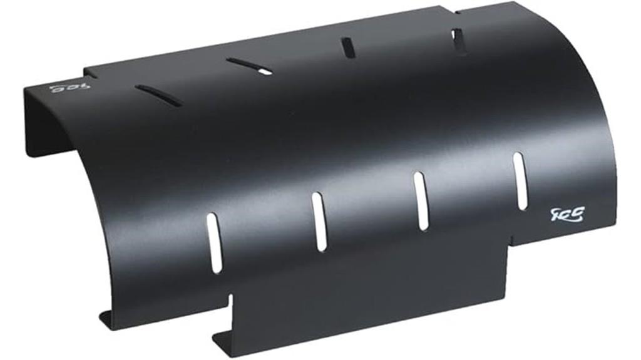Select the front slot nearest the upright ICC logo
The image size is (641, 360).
pyautogui.click(x=520, y=181)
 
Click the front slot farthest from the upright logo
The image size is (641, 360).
pyautogui.click(x=214, y=242)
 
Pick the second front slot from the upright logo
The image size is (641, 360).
pyautogui.click(x=421, y=200)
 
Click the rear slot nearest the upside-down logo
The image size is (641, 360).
pyautogui.click(x=158, y=95)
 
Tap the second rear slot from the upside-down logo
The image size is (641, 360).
pyautogui.click(x=249, y=66)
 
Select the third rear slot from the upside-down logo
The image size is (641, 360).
pyautogui.click(x=347, y=48)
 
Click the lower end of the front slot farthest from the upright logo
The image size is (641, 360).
pyautogui.click(x=216, y=268)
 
